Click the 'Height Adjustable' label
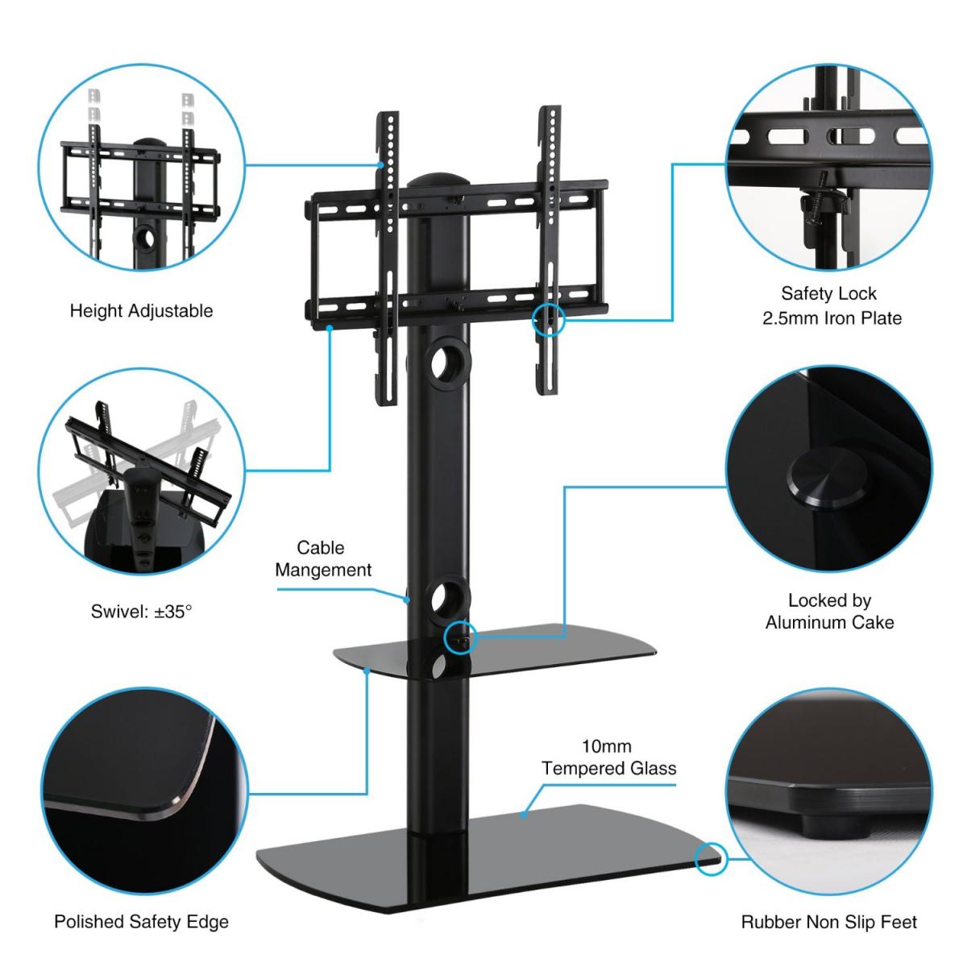pyautogui.click(x=141, y=311)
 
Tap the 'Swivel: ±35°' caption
pyautogui.click(x=141, y=612)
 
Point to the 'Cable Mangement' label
pyautogui.click(x=323, y=558)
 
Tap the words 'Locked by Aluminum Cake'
pyautogui.click(x=829, y=611)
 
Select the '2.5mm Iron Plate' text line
pyautogui.click(x=832, y=318)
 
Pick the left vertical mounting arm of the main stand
pyautogui.click(x=388, y=259)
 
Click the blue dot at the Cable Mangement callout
pyautogui.click(x=407, y=599)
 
